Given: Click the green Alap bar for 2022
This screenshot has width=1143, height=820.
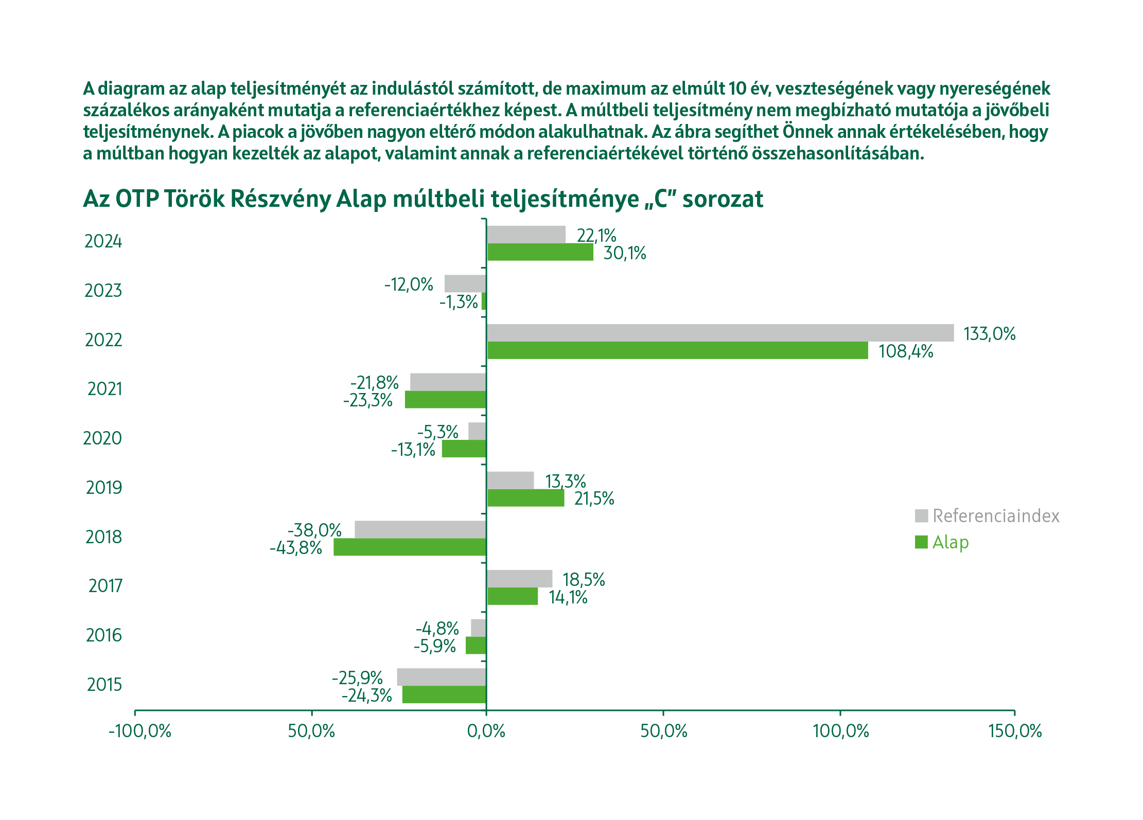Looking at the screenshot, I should (677, 350).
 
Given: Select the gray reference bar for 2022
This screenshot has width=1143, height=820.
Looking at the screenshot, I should (720, 333).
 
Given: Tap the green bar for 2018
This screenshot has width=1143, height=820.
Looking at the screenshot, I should (410, 547).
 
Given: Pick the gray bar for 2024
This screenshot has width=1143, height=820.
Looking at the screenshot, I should (526, 235).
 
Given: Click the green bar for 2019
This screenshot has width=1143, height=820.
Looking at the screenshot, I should (525, 498).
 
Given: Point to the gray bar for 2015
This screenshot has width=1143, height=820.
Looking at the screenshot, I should (442, 677).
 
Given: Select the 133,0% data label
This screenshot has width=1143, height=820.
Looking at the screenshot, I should (989, 334).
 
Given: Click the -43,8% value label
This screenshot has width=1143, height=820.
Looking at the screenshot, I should (296, 548).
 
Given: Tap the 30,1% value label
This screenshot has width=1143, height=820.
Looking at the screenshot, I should (624, 253).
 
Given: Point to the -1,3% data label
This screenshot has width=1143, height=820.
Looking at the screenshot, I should (459, 302).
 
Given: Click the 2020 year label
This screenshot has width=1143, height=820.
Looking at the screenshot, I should (102, 438).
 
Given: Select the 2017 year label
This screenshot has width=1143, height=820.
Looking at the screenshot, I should (105, 586).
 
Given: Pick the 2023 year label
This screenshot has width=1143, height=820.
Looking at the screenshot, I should (103, 291).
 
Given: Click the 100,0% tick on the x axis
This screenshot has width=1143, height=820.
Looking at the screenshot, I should (840, 731).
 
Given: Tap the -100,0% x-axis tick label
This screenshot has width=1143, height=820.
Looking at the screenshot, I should (140, 731).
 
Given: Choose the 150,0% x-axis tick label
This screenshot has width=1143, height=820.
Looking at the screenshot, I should (1015, 731).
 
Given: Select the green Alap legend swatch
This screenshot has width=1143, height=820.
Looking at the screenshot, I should (921, 542).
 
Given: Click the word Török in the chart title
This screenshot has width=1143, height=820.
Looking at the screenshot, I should (195, 199).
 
